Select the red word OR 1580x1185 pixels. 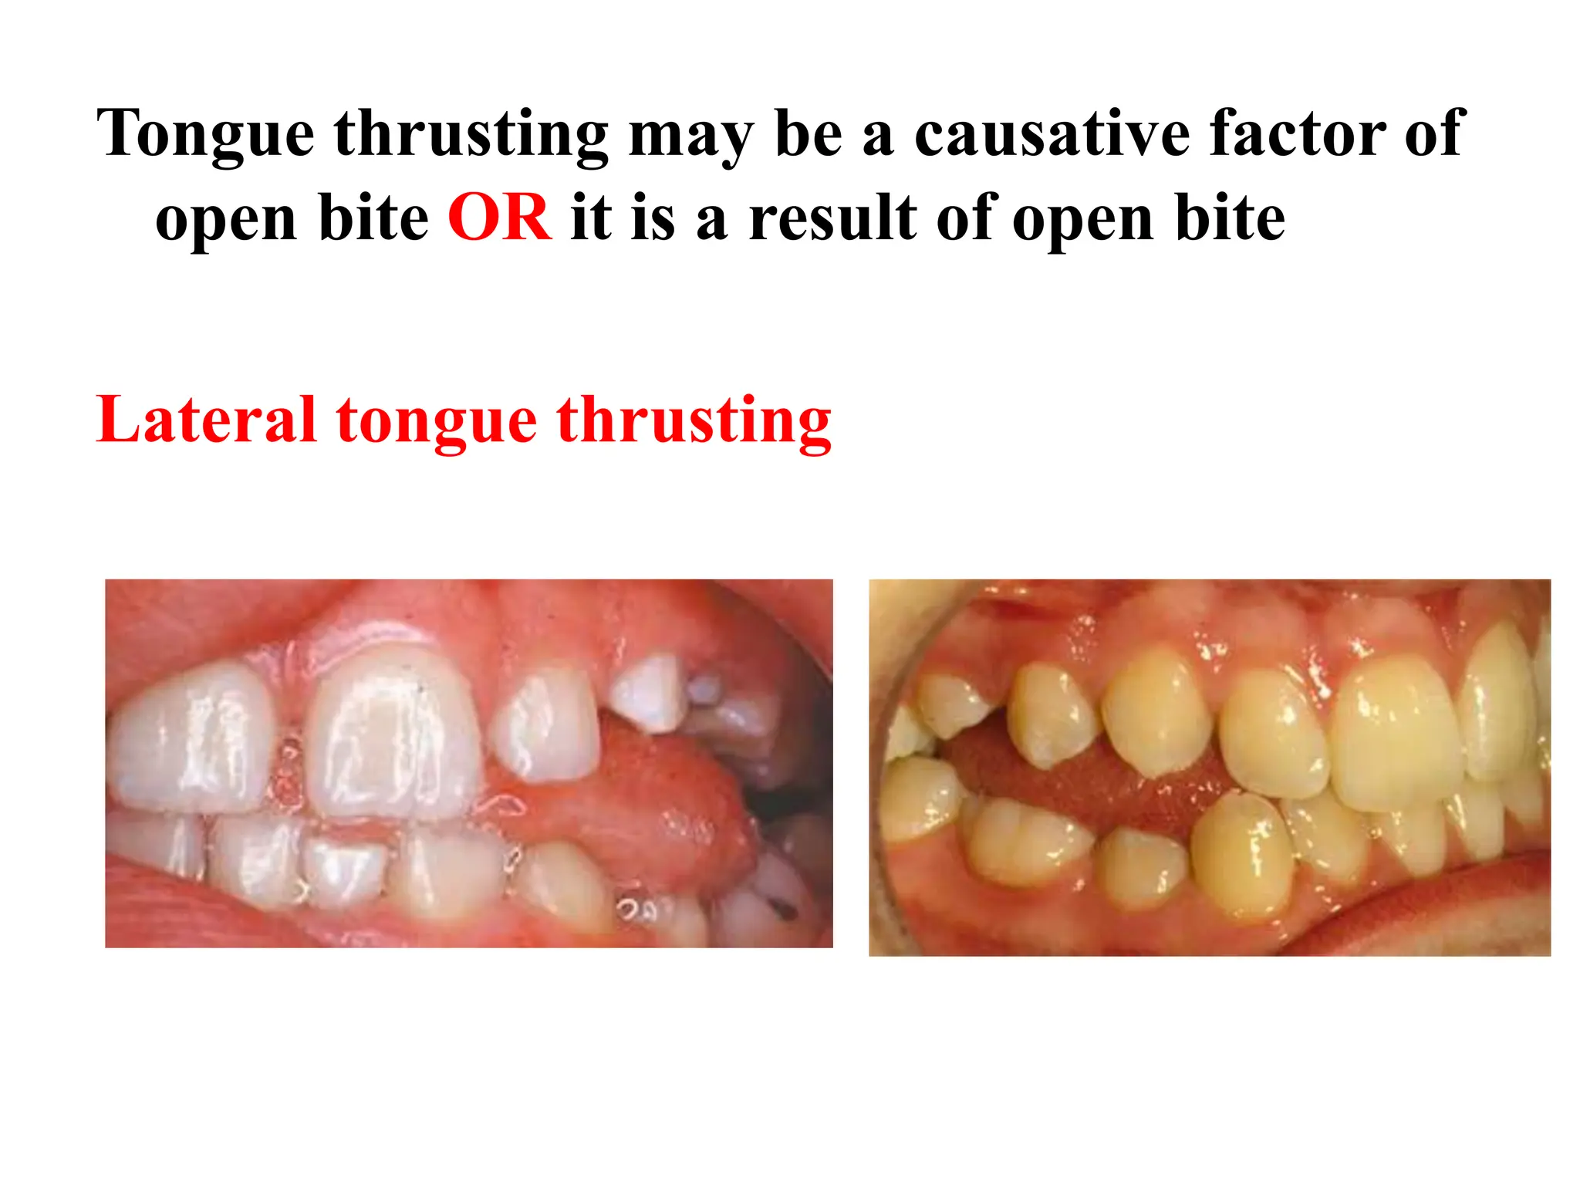point(499,218)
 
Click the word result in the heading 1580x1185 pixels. point(832,218)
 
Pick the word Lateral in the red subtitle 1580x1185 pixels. point(206,420)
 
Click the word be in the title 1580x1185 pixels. point(809,133)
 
